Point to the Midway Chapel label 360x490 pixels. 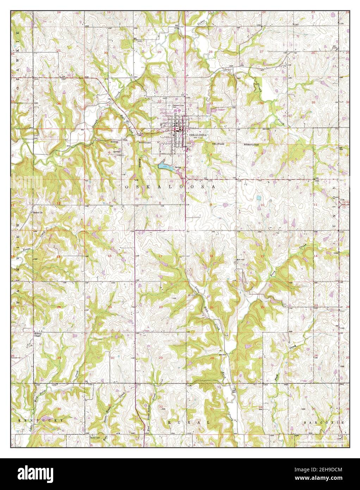[x=38, y=335]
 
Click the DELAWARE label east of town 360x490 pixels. [x=218, y=145]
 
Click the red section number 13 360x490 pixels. [x=58, y=256]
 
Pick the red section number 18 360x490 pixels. [x=109, y=256]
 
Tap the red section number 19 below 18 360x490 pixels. [x=109, y=307]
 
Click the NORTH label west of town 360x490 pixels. [x=114, y=142]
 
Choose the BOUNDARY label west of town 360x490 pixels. [x=144, y=143]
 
